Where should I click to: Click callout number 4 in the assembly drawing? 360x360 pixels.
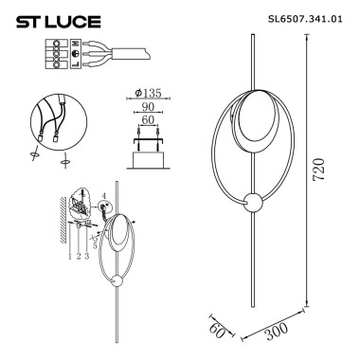[105, 195]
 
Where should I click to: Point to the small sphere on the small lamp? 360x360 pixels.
[116, 280]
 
